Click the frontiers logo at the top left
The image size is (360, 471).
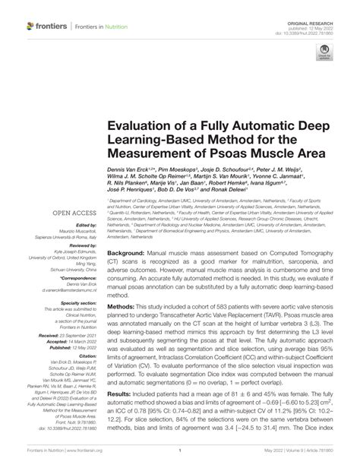click(47, 26)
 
